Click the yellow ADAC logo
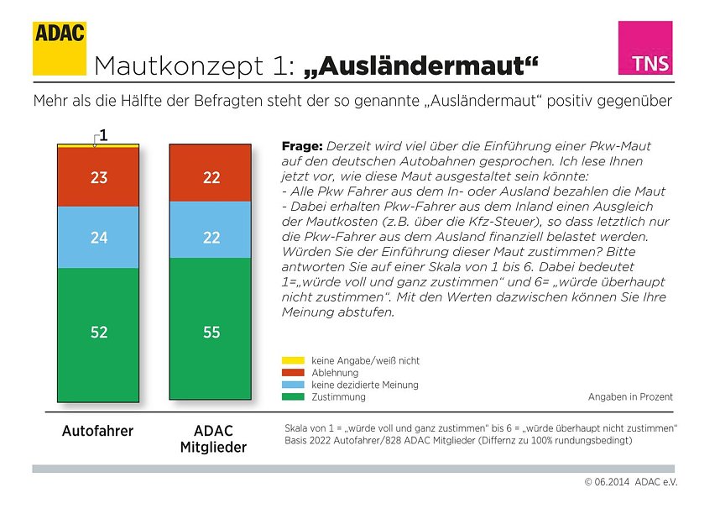[x=60, y=48]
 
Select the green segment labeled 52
[x=99, y=332]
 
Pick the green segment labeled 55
[x=211, y=332]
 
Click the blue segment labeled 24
[x=99, y=238]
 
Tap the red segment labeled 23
[x=99, y=177]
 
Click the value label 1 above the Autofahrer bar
[x=102, y=134]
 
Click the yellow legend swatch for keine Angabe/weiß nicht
[x=291, y=361]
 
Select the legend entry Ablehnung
[x=335, y=373]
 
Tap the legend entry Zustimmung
[x=338, y=396]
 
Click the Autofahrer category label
[x=97, y=432]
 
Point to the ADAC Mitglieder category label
[x=213, y=439]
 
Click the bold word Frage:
[x=302, y=145]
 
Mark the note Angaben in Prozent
[x=630, y=396]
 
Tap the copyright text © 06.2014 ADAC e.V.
[x=630, y=483]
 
